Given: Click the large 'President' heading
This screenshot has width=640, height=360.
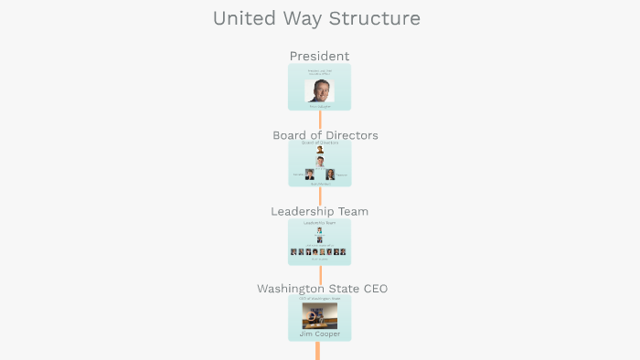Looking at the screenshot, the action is click(x=319, y=57).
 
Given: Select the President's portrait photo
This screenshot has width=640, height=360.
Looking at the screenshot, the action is click(x=319, y=90).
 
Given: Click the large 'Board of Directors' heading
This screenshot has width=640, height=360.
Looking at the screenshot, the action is click(x=325, y=135).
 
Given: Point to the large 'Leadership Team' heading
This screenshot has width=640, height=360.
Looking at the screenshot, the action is click(x=319, y=211).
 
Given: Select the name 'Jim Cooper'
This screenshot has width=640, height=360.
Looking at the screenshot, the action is click(x=320, y=334).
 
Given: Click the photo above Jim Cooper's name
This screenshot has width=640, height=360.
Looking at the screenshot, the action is click(x=320, y=315).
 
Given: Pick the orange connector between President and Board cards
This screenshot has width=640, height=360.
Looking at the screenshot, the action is click(x=320, y=121).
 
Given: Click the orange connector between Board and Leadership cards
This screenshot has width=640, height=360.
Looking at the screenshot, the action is click(x=320, y=196).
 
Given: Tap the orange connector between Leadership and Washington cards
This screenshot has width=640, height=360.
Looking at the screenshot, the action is click(x=320, y=274).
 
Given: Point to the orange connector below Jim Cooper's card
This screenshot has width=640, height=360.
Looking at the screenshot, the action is click(x=318, y=351).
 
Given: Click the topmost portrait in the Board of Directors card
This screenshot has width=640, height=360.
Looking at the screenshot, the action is click(x=320, y=150).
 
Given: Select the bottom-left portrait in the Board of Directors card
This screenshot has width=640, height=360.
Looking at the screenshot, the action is click(x=310, y=174).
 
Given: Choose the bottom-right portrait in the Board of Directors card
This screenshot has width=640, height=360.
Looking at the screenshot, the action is click(x=330, y=174).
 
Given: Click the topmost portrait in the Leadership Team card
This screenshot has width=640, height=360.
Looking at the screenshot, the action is click(x=319, y=230).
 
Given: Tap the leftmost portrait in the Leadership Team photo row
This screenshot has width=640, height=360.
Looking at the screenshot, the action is click(x=293, y=251).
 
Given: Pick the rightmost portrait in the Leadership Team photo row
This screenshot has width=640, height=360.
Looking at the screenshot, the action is click(x=343, y=251).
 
